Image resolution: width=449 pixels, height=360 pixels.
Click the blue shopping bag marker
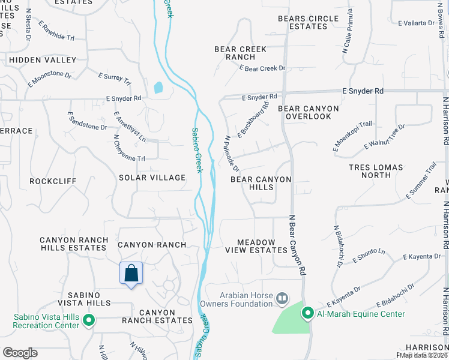click(x=131, y=274)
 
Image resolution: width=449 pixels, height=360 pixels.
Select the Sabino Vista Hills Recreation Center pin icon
click(x=89, y=320)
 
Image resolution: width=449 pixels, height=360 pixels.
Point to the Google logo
click(x=20, y=353)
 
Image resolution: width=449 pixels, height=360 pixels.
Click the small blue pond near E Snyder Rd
click(x=158, y=88)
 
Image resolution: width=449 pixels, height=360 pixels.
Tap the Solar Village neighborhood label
click(x=152, y=178)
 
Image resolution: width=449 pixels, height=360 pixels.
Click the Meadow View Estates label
click(x=256, y=246)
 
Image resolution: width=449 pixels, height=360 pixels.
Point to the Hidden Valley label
click(x=42, y=60)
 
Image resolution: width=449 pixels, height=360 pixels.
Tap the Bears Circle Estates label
click(x=308, y=22)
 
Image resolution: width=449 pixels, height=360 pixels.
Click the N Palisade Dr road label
click(x=232, y=154)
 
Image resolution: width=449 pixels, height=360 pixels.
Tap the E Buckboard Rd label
click(x=253, y=122)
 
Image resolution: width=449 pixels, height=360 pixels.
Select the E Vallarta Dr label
click(x=416, y=23)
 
